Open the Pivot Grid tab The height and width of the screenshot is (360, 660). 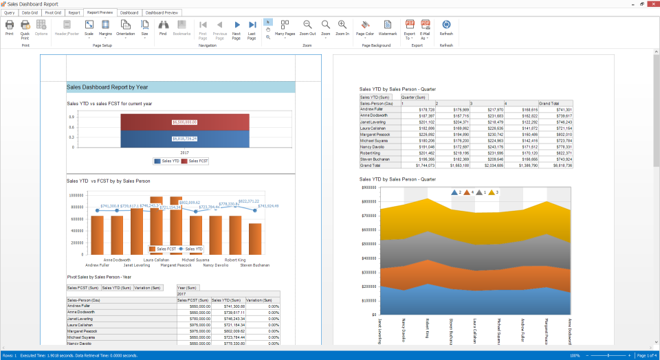pos(52,12)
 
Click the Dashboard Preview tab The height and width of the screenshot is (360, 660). pos(162,12)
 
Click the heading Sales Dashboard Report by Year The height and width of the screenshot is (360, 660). pos(107,87)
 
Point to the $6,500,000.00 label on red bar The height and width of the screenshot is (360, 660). pos(185,122)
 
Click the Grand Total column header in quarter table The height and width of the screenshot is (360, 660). pos(549,103)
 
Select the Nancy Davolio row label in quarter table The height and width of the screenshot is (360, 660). pos(373,146)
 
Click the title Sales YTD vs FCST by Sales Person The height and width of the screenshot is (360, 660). pos(108,181)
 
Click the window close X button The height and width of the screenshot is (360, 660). pos(652,4)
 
